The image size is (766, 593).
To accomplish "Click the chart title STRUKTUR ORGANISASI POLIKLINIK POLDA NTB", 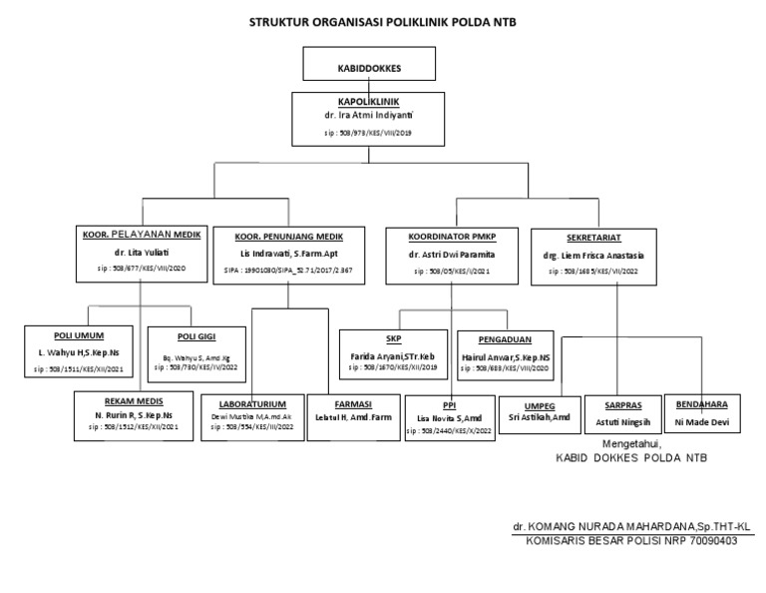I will [383, 21].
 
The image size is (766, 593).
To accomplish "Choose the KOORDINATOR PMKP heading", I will [451, 236].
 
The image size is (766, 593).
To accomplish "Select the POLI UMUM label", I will [78, 334].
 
